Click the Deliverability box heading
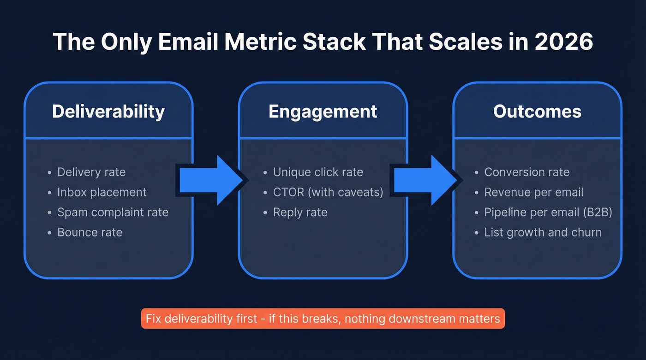click(108, 112)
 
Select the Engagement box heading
click(323, 112)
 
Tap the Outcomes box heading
click(537, 112)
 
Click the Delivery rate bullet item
click(91, 172)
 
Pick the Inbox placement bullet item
click(102, 192)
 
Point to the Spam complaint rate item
click(113, 212)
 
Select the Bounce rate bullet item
click(90, 232)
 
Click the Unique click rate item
click(318, 172)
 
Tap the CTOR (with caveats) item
click(328, 192)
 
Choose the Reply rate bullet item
click(300, 212)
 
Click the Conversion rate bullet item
click(526, 172)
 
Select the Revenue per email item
click(533, 192)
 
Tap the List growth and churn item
click(543, 232)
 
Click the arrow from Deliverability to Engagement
click(210, 180)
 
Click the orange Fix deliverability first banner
click(323, 319)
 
